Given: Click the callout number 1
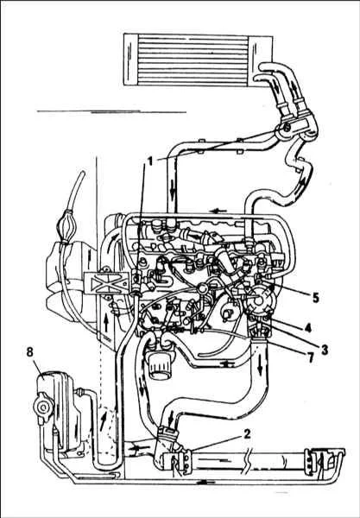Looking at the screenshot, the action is click(x=150, y=161).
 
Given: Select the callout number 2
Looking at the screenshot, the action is click(x=246, y=434).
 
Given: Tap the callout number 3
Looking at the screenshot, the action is click(x=325, y=350).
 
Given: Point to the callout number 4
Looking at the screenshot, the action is click(x=308, y=328).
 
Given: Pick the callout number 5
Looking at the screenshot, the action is click(x=316, y=298).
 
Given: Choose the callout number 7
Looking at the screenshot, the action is click(x=310, y=358).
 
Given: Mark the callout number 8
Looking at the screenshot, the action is click(x=29, y=352).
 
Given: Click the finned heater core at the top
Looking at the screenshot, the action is click(x=198, y=60).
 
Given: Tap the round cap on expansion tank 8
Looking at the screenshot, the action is click(x=42, y=407).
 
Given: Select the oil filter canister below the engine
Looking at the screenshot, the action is click(x=161, y=365).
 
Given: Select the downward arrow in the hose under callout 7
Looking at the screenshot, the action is click(x=260, y=368).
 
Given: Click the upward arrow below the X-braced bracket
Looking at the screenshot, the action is click(x=106, y=323).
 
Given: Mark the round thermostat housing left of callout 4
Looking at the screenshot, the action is click(x=261, y=300).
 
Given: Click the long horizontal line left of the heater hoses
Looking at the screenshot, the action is click(x=111, y=112).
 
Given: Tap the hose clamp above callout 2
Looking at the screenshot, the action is click(x=168, y=432).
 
